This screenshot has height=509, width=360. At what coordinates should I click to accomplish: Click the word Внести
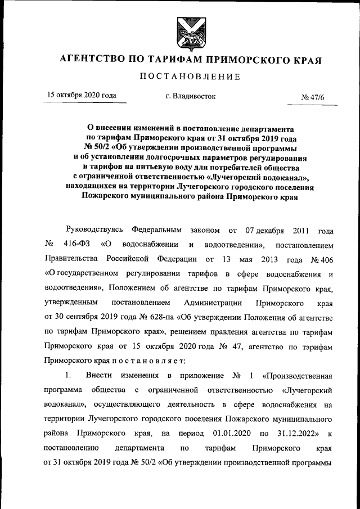(98, 376)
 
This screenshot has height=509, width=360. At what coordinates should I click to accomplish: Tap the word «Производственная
(296, 376)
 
